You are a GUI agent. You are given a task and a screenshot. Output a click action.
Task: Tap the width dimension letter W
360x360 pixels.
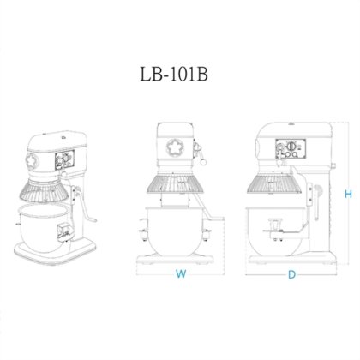[179, 274]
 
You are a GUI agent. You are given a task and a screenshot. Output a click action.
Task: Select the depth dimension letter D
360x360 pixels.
[291, 274]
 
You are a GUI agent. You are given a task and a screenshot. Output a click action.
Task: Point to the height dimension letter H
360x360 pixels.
[348, 195]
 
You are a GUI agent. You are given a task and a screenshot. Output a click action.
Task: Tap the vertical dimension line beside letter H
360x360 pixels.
[338, 195]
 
